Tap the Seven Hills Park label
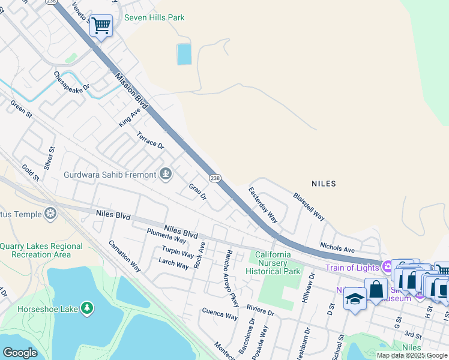[154, 18]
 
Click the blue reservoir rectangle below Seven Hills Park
[184, 55]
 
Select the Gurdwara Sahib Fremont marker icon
[166, 175]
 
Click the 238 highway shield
[216, 179]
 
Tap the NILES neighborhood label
[324, 184]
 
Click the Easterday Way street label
[263, 205]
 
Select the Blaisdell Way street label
[309, 206]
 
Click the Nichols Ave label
[337, 248]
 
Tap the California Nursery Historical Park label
[273, 263]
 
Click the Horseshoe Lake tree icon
[88, 308]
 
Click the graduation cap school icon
[355, 298]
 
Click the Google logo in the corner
[20, 353]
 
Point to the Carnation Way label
[125, 256]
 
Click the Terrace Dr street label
[150, 140]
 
